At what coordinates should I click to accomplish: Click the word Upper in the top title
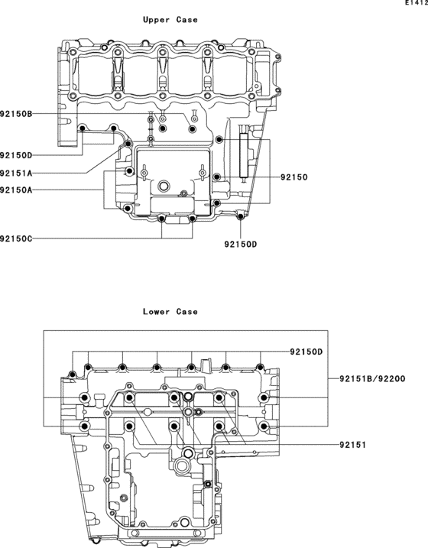click(157, 20)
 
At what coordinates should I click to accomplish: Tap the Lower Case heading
click(170, 312)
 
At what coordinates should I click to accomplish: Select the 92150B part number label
click(16, 114)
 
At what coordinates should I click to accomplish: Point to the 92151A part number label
click(16, 173)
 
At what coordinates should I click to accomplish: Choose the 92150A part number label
click(16, 190)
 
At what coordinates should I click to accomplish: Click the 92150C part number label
click(16, 239)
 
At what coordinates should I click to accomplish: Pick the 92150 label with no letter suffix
click(293, 177)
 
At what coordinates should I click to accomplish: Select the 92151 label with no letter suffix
click(354, 443)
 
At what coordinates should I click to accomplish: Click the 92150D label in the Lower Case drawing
click(306, 352)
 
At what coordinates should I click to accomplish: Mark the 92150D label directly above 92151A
click(16, 156)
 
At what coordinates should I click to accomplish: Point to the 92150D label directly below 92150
click(241, 245)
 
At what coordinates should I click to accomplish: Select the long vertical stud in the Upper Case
click(244, 157)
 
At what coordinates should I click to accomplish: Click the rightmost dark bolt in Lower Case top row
click(264, 373)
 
